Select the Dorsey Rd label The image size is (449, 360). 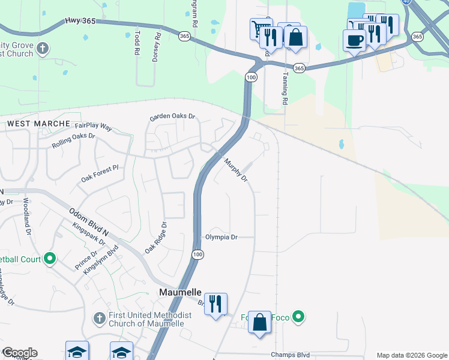pyautogui.click(x=158, y=43)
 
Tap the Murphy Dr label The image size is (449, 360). pyautogui.click(x=236, y=170)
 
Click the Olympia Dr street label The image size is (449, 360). pyautogui.click(x=221, y=237)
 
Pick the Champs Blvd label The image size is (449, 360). pyautogui.click(x=292, y=355)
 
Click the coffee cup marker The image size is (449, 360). pyautogui.click(x=354, y=40)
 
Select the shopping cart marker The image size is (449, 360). pyautogui.click(x=261, y=28)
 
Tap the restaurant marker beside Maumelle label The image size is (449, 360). pyautogui.click(x=215, y=304)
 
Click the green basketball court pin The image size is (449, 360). pyautogui.click(x=50, y=259)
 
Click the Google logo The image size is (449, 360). pyautogui.click(x=20, y=353)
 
